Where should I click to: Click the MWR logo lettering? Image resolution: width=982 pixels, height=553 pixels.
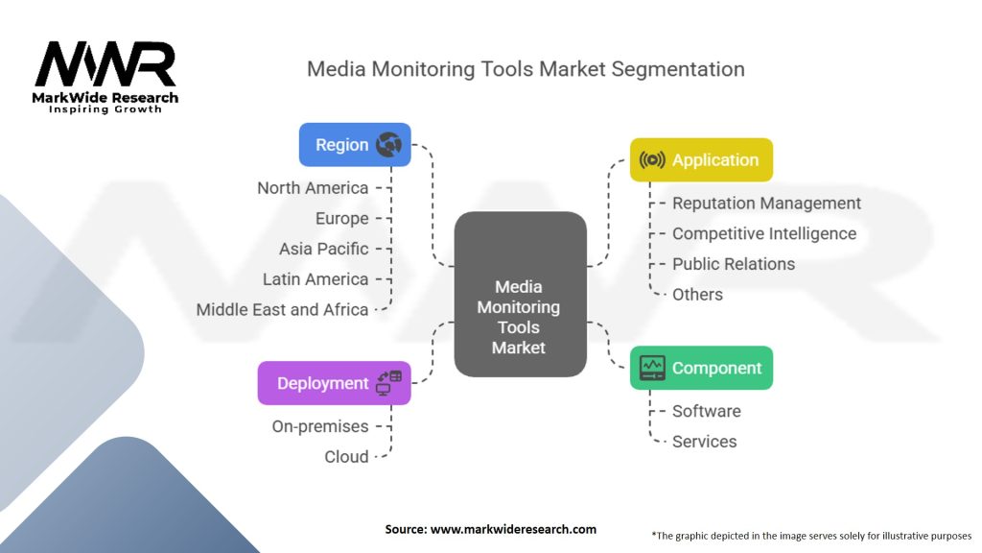(x=105, y=63)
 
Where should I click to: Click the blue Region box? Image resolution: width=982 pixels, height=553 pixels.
(x=355, y=145)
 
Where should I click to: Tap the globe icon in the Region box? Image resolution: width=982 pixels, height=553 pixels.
(x=388, y=145)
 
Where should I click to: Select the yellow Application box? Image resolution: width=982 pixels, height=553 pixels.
(x=701, y=160)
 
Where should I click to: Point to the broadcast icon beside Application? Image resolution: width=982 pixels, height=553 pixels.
(x=652, y=160)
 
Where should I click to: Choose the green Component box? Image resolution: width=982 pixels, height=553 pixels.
(x=701, y=368)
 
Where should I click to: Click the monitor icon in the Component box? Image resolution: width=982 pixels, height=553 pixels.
(x=652, y=368)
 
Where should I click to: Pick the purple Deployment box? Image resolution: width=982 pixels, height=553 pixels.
(x=335, y=383)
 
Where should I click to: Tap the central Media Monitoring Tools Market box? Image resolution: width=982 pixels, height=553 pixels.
(x=521, y=294)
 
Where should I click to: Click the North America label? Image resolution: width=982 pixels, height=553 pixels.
(x=313, y=188)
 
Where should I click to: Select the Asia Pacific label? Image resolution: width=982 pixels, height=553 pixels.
(x=324, y=249)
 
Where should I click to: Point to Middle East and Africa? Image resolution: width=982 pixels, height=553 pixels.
(x=282, y=310)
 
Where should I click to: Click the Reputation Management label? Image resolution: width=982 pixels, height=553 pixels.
(x=766, y=204)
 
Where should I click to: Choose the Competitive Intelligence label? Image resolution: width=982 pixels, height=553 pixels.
(x=764, y=234)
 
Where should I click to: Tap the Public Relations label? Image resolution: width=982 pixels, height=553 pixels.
(x=734, y=264)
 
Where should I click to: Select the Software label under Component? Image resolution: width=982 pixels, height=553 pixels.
(x=707, y=411)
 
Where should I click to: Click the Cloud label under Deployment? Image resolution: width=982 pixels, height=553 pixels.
(x=346, y=457)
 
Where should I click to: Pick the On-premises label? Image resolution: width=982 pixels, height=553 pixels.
(x=320, y=426)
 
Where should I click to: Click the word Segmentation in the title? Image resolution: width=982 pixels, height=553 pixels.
(x=678, y=69)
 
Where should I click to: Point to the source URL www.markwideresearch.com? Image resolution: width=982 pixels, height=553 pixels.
(x=514, y=529)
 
